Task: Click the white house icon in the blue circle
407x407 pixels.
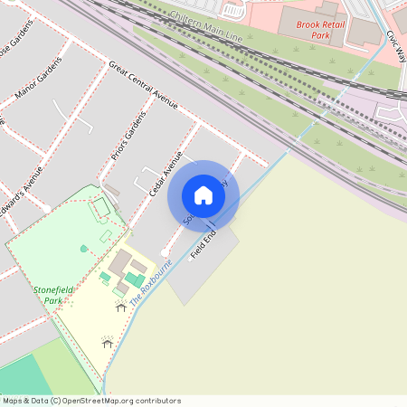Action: (203, 195)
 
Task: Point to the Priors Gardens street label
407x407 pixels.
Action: (128, 141)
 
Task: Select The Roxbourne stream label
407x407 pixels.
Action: (150, 283)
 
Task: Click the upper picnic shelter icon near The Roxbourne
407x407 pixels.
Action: (121, 307)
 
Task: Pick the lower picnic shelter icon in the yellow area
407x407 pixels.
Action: (108, 342)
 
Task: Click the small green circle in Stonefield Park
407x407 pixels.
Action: (84, 248)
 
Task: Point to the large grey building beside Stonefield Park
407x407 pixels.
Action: (121, 263)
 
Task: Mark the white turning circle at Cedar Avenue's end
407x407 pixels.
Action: (164, 252)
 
